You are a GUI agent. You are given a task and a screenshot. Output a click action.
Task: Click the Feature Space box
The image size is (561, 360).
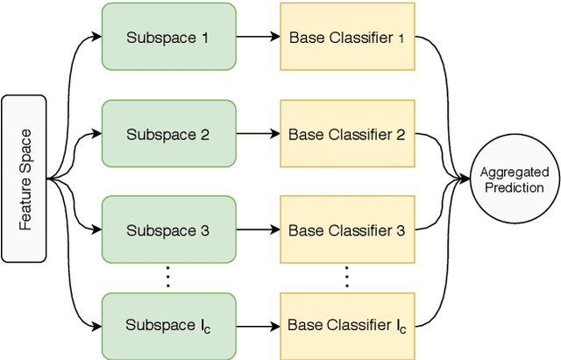coord(25,180)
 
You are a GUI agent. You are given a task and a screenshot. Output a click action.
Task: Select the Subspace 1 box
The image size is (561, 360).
coord(168,38)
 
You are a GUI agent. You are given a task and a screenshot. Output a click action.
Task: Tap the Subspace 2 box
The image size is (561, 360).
coord(168,134)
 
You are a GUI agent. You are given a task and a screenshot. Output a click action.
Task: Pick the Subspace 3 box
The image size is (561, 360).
coord(168,230)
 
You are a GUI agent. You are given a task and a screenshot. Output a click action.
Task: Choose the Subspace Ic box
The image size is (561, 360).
coord(168,326)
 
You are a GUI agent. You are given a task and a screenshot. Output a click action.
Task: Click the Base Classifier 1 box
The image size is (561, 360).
coord(347,38)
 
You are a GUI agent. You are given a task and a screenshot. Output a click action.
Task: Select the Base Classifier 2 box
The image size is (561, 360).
coord(347,134)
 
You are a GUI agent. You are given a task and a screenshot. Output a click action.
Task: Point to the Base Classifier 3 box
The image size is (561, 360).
coord(347,230)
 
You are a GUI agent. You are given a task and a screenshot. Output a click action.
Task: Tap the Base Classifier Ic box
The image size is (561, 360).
coord(347,326)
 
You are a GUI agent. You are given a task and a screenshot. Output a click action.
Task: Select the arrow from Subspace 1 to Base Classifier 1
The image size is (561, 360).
coord(258,38)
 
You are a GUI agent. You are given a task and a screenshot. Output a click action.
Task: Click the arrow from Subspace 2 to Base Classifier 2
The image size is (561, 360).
coord(258,134)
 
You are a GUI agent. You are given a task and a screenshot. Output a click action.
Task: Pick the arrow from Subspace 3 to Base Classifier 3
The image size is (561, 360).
coord(258,230)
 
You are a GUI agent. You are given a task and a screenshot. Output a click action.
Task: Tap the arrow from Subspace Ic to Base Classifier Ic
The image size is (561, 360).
coord(258,326)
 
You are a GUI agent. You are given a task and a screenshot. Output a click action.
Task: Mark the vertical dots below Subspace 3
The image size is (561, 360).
coord(168,278)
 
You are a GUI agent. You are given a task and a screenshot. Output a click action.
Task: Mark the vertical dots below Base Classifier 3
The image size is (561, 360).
coord(347,278)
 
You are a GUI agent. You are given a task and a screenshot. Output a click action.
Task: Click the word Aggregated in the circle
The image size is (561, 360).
coord(515,173)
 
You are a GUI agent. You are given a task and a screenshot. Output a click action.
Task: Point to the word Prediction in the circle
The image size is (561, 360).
coord(515,187)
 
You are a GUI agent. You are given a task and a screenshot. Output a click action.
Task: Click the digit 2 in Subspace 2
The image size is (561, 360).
coord(204,135)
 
